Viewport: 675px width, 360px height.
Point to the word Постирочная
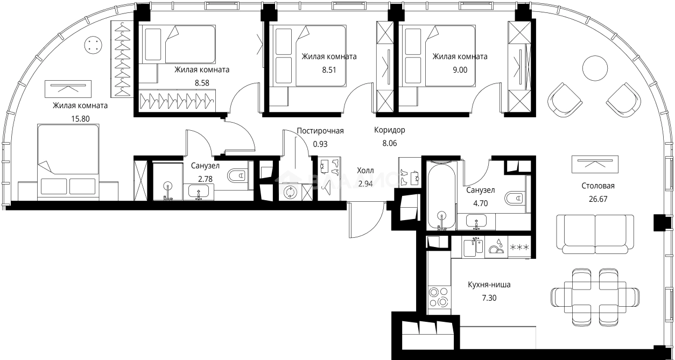(x=320, y=131)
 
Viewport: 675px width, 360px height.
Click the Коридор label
(x=390, y=130)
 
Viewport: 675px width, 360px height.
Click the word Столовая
(x=597, y=186)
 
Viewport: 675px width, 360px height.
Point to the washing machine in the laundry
(x=291, y=192)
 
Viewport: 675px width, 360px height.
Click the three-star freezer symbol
(x=519, y=248)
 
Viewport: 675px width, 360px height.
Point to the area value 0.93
(x=320, y=144)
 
